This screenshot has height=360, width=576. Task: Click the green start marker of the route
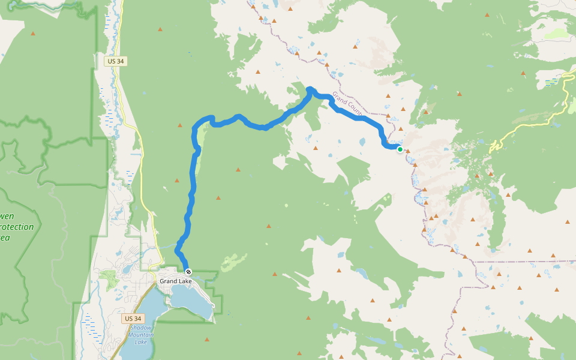(400, 149)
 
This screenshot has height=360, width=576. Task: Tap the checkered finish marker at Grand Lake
(188, 272)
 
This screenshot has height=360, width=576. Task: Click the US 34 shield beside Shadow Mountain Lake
(133, 319)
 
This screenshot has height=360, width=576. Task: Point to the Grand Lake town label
(175, 281)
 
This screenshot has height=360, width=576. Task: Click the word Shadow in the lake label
(141, 328)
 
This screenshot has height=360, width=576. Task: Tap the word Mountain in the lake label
(141, 335)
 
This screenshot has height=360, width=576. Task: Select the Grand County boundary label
(347, 103)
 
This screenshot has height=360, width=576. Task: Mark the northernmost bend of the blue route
(310, 89)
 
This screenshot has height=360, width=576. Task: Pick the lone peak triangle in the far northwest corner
(33, 34)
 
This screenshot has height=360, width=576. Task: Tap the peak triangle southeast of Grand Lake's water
(208, 339)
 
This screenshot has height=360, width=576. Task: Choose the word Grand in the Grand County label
(339, 97)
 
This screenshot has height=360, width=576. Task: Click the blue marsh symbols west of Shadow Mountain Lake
(90, 327)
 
